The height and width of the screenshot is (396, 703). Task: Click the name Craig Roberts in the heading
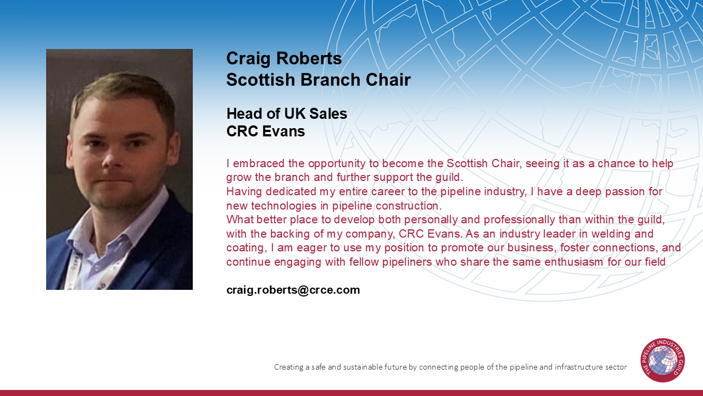284,58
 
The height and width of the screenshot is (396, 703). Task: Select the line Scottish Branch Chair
318,80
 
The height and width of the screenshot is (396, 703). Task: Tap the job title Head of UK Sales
287,114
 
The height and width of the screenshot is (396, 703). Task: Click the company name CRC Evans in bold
265,131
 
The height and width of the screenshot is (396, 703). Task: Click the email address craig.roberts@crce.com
293,290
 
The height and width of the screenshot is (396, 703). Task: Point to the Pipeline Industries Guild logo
662,360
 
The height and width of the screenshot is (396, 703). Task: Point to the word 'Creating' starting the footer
288,367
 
